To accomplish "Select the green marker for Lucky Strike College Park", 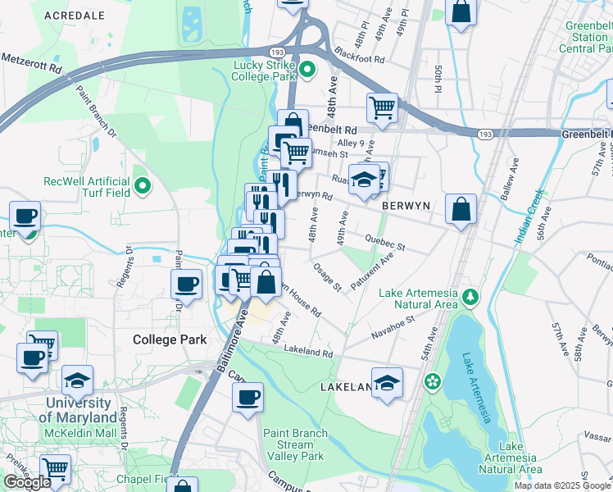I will (306, 69).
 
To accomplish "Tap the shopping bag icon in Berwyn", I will (461, 208).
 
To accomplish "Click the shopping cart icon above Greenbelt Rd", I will (382, 107).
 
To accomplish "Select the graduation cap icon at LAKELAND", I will (387, 382).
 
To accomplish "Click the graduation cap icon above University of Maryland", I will (78, 380).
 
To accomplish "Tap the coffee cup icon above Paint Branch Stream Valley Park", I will (247, 398).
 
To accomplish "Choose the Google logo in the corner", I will (27, 482).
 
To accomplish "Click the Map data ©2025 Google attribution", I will (562, 485).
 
